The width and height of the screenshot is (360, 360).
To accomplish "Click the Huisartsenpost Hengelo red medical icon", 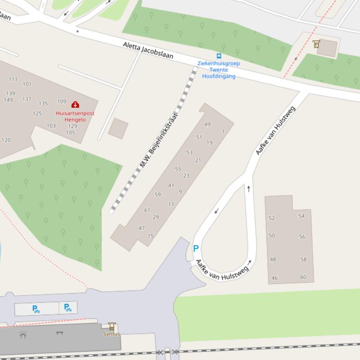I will click(x=75, y=104).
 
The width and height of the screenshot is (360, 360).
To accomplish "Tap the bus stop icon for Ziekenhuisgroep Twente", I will click(x=219, y=56).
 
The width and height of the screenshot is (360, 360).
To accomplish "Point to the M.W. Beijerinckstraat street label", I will click(x=159, y=140).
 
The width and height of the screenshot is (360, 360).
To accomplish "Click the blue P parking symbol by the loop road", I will click(x=196, y=249).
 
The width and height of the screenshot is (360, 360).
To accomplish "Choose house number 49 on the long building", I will click(x=207, y=124).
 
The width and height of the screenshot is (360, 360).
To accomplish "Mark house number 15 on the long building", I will click(x=151, y=236).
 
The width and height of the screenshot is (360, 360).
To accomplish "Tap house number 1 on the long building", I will click(x=223, y=131).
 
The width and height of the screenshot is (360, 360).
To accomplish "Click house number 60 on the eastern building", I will click(x=303, y=277).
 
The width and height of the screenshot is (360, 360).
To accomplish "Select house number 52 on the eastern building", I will click(x=272, y=218).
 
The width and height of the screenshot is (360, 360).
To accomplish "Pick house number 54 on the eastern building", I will click(x=301, y=216).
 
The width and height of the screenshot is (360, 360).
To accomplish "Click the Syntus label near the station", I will click(x=111, y=334).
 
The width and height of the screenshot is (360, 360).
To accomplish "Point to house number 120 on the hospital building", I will click(x=6, y=140).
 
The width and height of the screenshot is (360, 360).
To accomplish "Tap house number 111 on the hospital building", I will click(x=13, y=79).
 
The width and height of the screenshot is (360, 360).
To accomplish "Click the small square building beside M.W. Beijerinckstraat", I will click(x=118, y=128).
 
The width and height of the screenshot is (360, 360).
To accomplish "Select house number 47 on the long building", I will click(x=142, y=228).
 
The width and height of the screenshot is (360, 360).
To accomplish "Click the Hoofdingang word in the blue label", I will click(x=219, y=76).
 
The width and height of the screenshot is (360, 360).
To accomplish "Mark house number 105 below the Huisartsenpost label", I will click(x=71, y=133).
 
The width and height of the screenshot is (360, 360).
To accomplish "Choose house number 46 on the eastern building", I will click(x=274, y=278).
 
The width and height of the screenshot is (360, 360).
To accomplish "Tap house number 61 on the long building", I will click(x=147, y=210).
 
